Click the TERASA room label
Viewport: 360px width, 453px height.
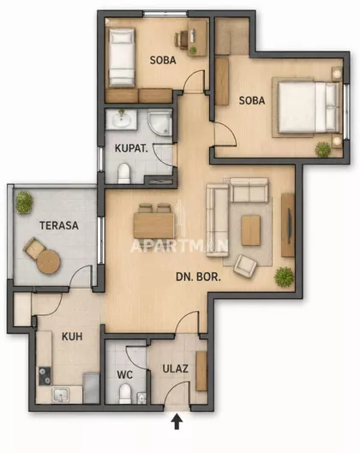click(59, 225)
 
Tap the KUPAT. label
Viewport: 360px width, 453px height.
click(131, 148)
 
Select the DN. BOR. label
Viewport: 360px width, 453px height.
click(198, 277)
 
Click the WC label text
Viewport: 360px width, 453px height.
click(125, 375)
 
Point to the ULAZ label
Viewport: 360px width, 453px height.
click(175, 368)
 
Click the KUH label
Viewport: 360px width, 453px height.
click(72, 337)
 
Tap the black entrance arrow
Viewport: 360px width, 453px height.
click(177, 422)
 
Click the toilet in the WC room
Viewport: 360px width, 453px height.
click(125, 393)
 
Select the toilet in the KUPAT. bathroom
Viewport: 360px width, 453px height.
click(124, 173)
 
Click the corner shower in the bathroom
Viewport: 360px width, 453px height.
click(160, 122)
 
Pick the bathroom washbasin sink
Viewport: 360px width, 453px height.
click(121, 119)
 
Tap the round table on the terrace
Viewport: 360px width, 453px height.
click(49, 262)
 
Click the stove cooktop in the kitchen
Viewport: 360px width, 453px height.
click(45, 376)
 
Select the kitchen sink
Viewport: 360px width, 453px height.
click(61, 395)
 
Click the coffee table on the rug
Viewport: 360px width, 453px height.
click(250, 230)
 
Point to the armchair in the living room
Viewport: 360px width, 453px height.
click(245, 266)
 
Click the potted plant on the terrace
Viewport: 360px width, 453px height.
click(24, 202)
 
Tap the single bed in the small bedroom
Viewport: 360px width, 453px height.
click(122, 57)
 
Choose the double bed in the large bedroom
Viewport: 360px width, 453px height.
click(308, 107)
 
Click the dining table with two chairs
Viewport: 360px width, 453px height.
click(154, 221)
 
